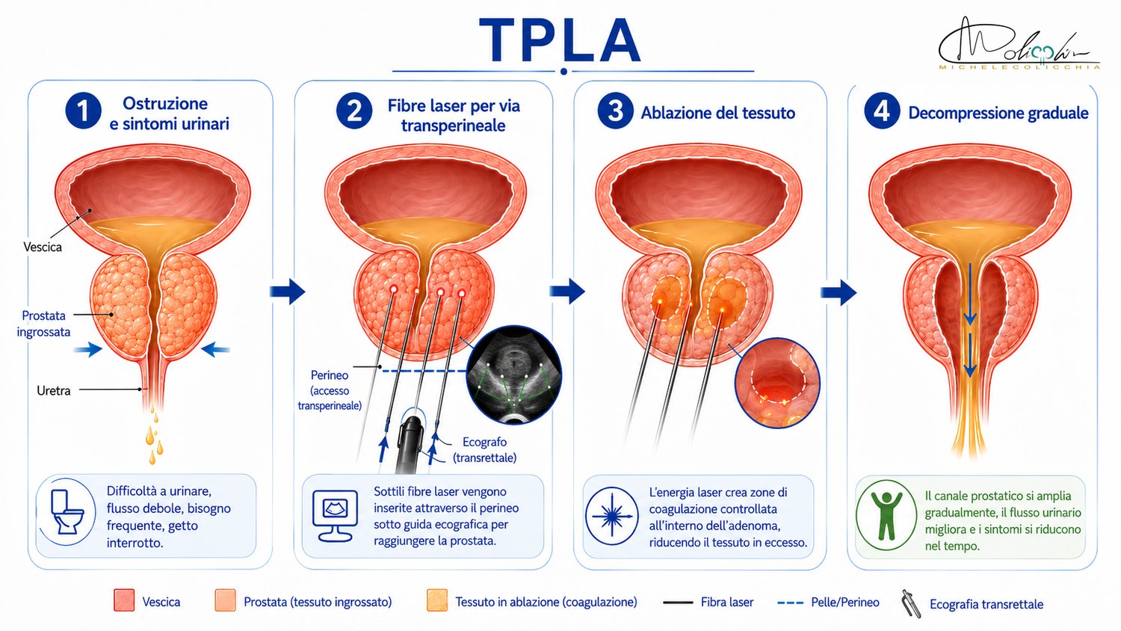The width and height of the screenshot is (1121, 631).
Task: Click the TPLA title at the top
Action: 560,40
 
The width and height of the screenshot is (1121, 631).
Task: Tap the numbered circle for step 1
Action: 83,111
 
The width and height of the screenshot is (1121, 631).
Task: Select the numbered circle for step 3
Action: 615,111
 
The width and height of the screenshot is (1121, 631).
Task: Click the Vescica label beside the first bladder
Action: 43,247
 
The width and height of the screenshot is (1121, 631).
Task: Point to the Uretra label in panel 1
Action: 54,390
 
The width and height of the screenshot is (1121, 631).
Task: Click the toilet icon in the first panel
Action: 67,512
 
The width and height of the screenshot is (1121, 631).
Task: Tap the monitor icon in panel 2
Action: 335,516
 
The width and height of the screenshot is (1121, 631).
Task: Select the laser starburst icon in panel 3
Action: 611,517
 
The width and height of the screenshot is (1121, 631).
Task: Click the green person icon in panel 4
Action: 886,516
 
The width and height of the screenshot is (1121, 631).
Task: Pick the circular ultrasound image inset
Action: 513,376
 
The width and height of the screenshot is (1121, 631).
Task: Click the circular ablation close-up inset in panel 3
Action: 777,383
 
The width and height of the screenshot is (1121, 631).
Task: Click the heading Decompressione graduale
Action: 998,113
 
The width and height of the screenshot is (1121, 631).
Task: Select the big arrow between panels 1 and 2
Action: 287,291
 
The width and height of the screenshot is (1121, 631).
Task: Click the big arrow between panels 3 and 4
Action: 839,292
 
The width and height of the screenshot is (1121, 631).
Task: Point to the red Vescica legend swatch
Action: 124,600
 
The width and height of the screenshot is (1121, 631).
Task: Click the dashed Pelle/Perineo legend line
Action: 790,603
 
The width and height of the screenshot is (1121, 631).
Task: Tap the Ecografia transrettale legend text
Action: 986,604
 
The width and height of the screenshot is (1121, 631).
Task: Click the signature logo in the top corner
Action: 1019,44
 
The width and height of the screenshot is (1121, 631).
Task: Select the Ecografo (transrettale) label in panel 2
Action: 484,450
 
